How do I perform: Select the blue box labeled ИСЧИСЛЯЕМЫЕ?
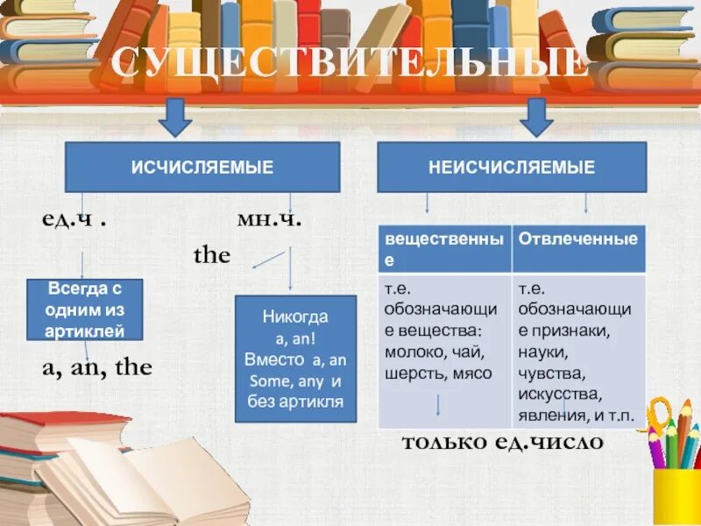[x=202, y=167]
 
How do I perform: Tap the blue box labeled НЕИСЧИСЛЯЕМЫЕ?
[x=512, y=167]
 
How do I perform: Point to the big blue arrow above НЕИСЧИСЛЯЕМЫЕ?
[x=536, y=117]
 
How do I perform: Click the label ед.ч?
[x=75, y=219]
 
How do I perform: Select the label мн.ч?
[x=270, y=219]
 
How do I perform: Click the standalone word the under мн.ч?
[x=211, y=256]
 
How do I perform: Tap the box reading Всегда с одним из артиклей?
[x=84, y=309]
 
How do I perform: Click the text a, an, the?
[x=96, y=367]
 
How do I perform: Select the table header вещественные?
[x=444, y=248]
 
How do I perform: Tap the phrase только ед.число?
[x=502, y=442]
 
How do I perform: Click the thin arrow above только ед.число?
[x=438, y=404]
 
